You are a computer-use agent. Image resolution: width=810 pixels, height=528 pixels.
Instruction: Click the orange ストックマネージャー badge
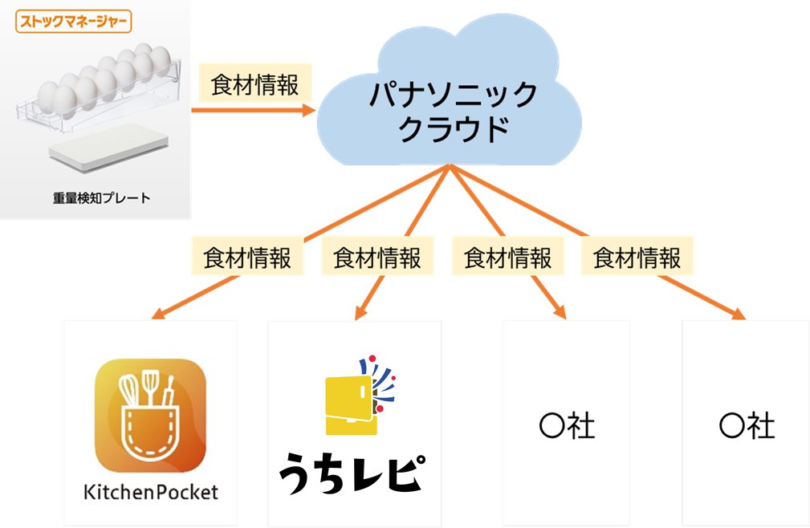(73, 20)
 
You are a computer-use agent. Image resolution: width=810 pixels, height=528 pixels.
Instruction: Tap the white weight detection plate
(108, 149)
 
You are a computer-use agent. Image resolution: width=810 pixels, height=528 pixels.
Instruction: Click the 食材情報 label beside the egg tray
(254, 85)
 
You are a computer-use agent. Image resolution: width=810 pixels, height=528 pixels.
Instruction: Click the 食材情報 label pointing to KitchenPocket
(247, 258)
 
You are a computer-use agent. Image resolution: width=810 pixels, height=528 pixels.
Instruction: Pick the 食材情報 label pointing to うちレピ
(377, 258)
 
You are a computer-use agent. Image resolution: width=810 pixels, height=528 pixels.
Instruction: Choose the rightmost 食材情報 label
(637, 258)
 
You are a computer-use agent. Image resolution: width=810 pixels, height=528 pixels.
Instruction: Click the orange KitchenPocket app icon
(150, 416)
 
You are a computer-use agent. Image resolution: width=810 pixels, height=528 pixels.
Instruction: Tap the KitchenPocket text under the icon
(150, 492)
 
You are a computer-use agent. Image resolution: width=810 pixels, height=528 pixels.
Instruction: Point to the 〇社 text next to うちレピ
(567, 426)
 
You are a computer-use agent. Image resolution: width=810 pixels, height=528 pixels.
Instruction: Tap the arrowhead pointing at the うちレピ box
(360, 316)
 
